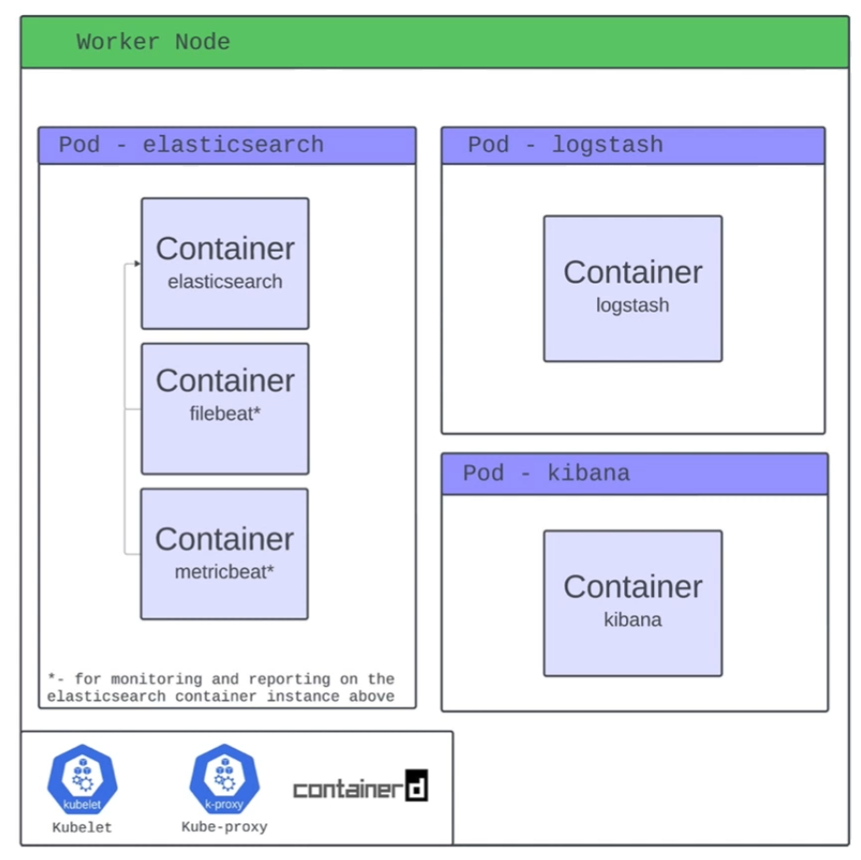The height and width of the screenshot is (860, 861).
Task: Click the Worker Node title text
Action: [153, 42]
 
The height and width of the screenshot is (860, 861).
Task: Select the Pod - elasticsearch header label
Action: [191, 145]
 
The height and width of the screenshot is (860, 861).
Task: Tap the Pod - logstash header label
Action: [565, 145]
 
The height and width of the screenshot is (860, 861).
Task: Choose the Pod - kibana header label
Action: [546, 474]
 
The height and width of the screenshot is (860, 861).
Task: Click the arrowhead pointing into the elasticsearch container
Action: [137, 264]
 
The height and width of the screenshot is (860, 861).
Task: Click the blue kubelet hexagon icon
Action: [82, 780]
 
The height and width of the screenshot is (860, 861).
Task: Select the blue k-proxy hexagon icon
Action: [225, 780]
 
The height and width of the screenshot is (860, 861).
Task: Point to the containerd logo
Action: [360, 788]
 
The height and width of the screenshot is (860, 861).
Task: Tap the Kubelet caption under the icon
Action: [82, 827]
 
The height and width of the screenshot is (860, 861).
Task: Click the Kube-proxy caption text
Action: [225, 827]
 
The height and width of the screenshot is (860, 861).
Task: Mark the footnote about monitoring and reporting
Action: [221, 688]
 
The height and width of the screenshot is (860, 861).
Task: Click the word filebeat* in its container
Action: [225, 414]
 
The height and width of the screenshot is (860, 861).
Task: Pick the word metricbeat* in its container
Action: [225, 571]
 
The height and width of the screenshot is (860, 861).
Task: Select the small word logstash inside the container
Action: [633, 305]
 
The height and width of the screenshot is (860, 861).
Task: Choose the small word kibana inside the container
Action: [633, 619]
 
